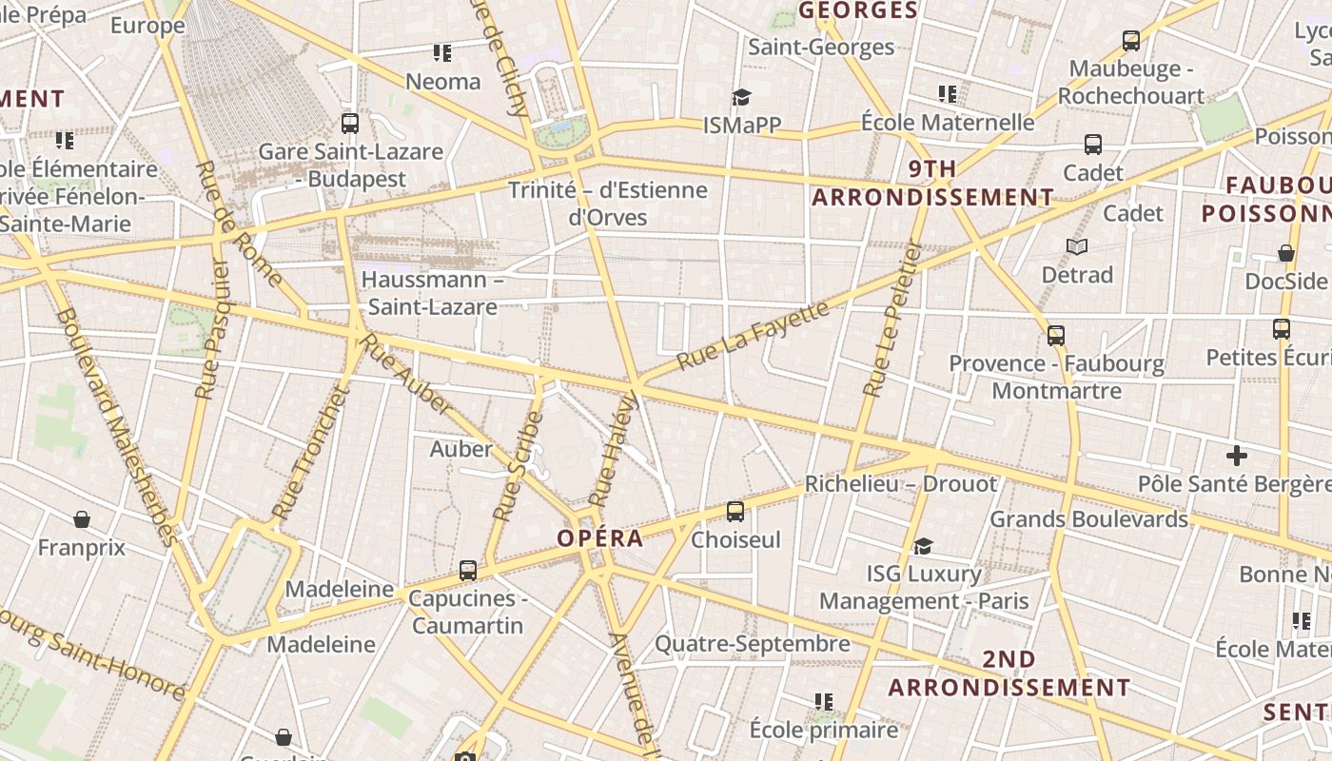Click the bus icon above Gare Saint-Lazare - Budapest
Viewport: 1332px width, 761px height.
(x=350, y=124)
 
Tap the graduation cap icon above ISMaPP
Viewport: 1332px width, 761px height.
(x=741, y=97)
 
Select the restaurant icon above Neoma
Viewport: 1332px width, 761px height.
(x=442, y=53)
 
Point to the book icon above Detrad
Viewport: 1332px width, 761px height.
(x=1077, y=247)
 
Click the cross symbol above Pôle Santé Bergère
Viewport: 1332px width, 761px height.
(x=1237, y=456)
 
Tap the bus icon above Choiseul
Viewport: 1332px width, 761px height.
(x=735, y=512)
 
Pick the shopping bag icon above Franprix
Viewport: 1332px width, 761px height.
(x=82, y=519)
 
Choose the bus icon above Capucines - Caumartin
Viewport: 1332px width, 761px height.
(x=468, y=571)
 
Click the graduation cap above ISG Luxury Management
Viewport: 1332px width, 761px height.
(x=923, y=546)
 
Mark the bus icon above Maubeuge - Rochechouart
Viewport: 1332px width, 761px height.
(x=1131, y=41)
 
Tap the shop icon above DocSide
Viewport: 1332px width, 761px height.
(x=1285, y=253)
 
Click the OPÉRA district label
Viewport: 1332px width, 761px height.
(x=600, y=538)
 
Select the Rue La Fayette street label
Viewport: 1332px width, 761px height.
(x=753, y=336)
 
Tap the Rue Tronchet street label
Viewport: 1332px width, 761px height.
(x=311, y=453)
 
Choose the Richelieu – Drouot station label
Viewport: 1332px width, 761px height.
(x=901, y=484)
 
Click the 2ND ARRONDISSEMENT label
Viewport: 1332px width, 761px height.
(x=1009, y=673)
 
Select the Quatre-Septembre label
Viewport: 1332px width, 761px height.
(x=752, y=644)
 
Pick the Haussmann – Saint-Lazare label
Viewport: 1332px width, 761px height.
(x=433, y=293)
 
